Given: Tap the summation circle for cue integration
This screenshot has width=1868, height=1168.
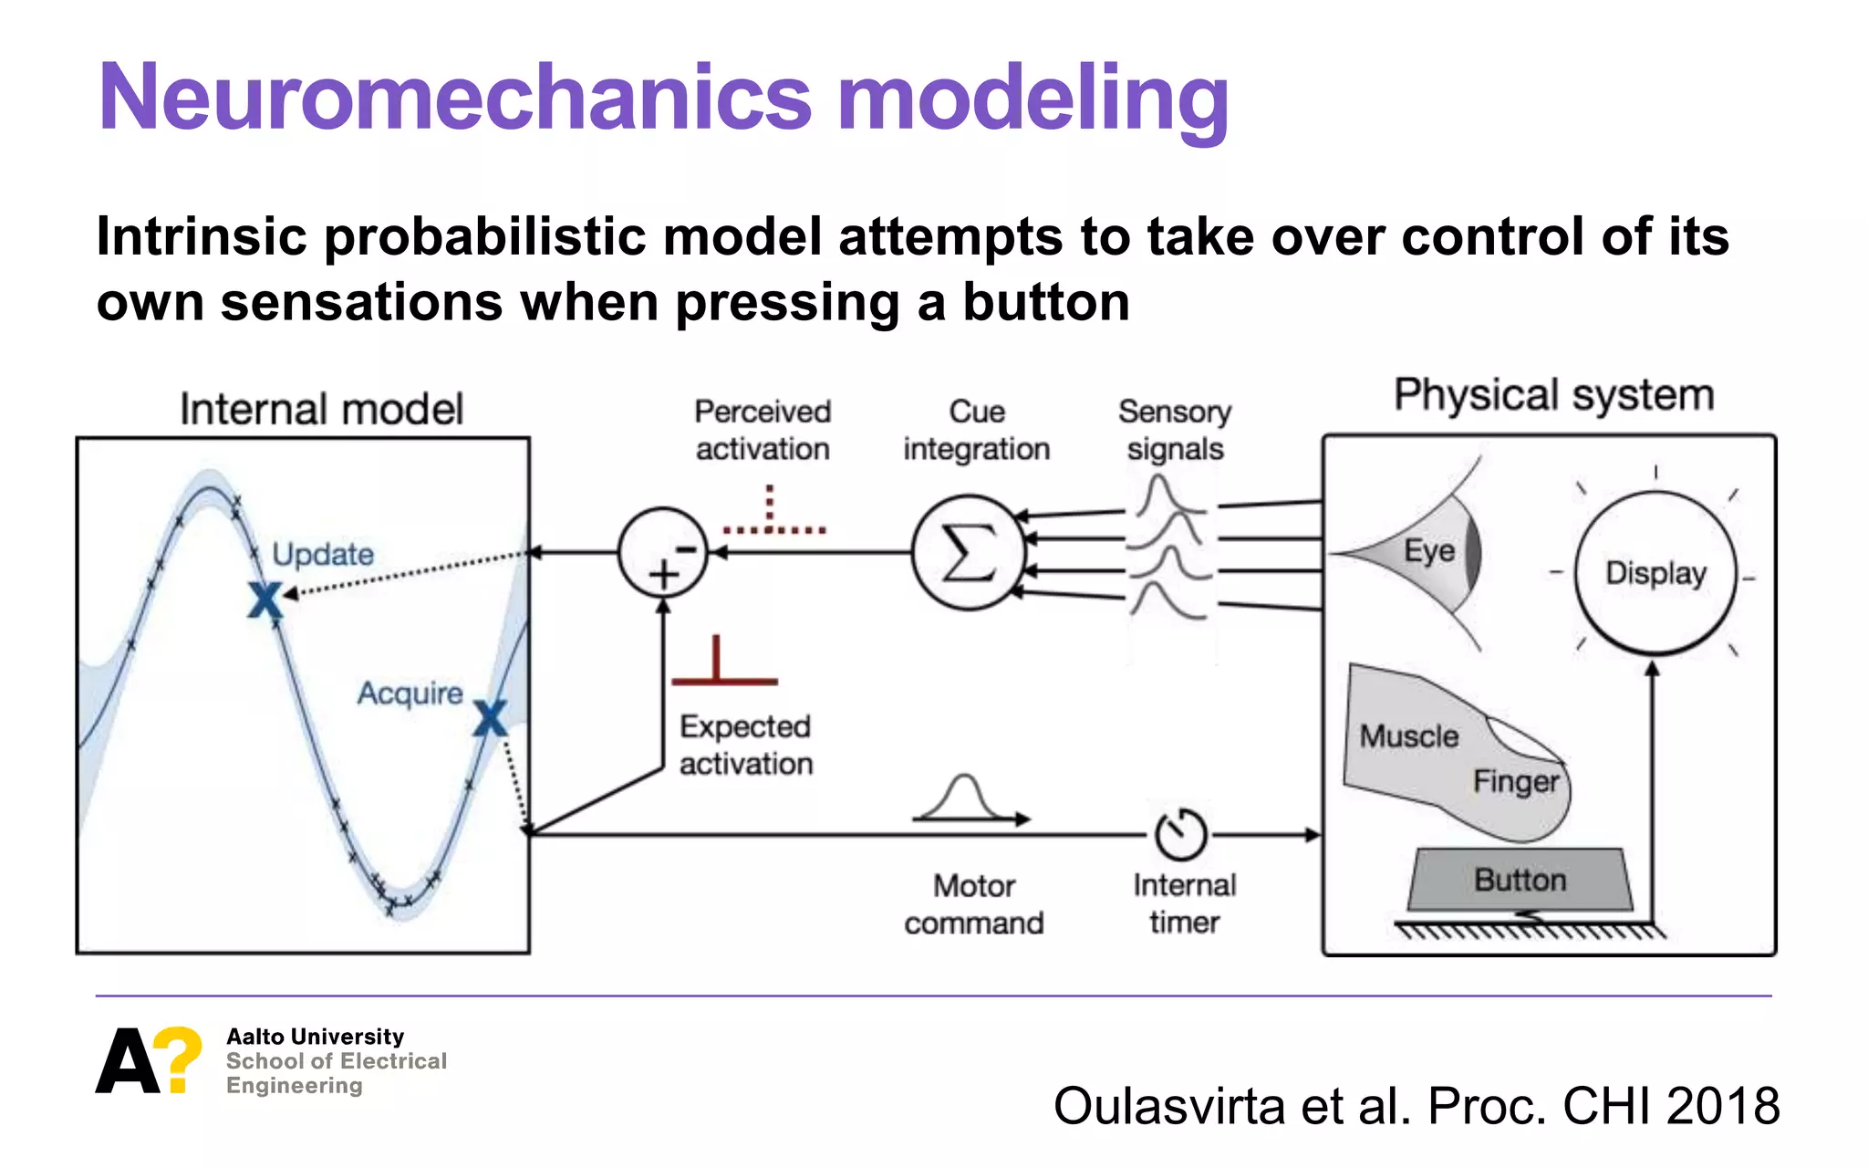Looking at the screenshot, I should [x=968, y=553].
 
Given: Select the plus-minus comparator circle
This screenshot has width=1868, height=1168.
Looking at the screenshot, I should [x=663, y=553].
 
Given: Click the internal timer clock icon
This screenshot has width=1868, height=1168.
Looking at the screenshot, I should [x=1181, y=834].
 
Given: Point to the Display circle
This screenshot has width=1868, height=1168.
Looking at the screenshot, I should [x=1655, y=573].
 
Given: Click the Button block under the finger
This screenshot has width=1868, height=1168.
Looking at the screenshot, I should [x=1520, y=880].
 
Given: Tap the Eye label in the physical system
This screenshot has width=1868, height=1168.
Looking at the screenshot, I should [x=1428, y=550].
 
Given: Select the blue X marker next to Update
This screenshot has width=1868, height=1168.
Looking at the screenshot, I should [x=265, y=600].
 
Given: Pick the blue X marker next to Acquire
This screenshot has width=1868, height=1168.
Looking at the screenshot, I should [x=490, y=719].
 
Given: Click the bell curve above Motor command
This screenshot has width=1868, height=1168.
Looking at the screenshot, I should [x=965, y=798].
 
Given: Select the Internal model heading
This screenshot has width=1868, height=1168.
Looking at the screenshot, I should [x=321, y=409].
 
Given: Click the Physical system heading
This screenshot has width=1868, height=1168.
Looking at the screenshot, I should [x=1553, y=395].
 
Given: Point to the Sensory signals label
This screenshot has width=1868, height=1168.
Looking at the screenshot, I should [x=1175, y=430].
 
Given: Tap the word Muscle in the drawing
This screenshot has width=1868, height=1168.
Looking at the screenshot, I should [x=1408, y=735].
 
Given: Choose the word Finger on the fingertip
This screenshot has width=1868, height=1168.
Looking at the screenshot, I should [x=1515, y=781].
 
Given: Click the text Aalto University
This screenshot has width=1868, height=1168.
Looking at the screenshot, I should [x=315, y=1037].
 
